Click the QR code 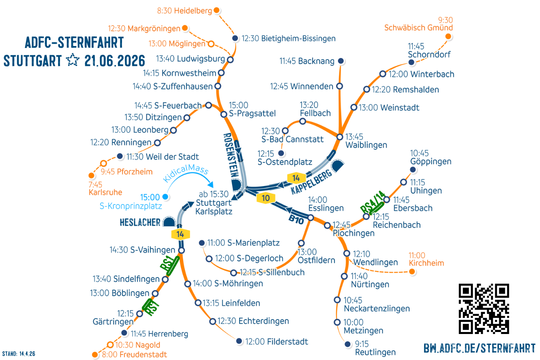(484, 308)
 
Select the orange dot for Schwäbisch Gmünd (448, 37)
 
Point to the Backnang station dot (341, 61)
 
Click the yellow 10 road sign (266, 198)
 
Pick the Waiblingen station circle (340, 137)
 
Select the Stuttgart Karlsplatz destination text (214, 203)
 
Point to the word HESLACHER (140, 222)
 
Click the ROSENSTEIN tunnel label (230, 155)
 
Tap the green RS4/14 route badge (372, 203)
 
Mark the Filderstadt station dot (239, 341)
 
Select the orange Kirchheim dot (412, 272)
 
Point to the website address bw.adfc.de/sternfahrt (479, 348)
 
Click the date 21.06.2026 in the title (115, 61)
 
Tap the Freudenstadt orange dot (95, 355)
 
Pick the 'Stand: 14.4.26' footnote (19, 354)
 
